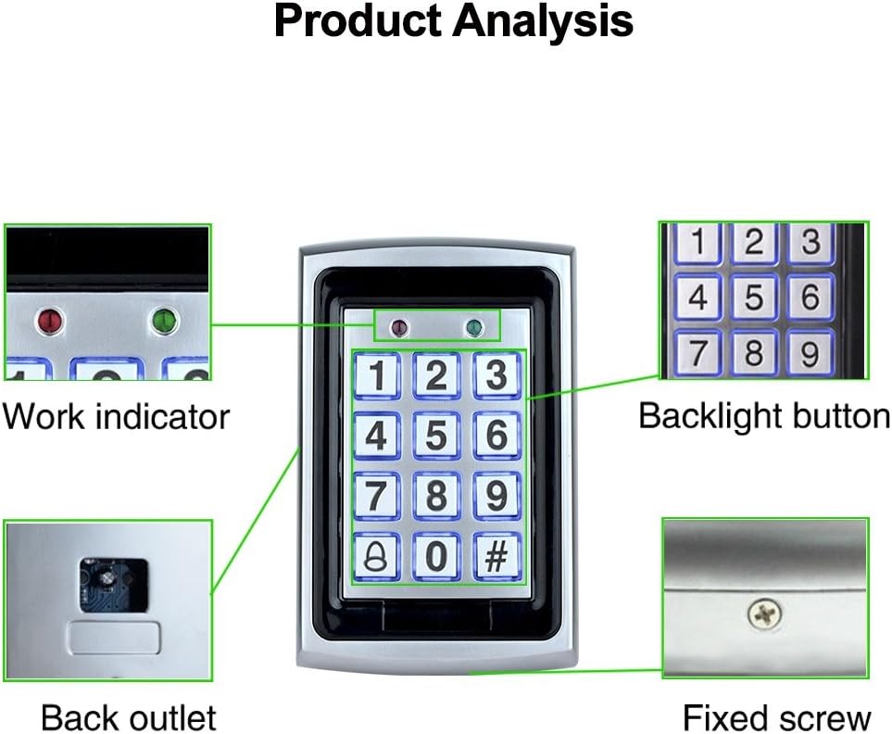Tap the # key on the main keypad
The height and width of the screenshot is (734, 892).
[x=497, y=556]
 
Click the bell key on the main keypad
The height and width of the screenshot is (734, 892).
[x=375, y=556]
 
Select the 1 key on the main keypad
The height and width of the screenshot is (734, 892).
[x=375, y=375]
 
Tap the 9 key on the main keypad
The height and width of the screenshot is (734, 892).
[x=497, y=496]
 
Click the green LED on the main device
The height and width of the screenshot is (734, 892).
[x=475, y=326]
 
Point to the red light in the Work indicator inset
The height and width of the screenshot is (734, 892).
[x=49, y=322]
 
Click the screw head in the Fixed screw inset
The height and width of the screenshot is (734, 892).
[x=765, y=611]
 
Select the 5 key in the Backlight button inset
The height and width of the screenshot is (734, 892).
[x=755, y=297]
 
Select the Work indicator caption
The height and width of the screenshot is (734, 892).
[x=115, y=416]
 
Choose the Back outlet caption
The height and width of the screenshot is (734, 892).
[x=128, y=717]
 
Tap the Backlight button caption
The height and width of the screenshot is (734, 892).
[x=764, y=416]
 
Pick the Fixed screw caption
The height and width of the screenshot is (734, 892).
[x=776, y=717]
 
